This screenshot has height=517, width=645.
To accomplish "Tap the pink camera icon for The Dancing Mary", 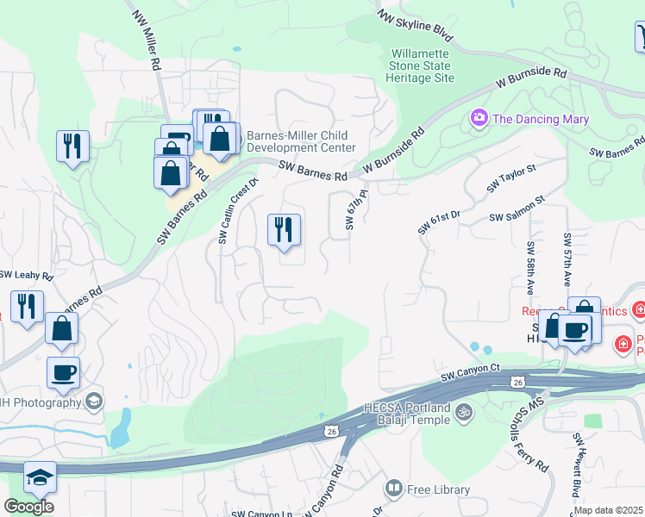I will (x=479, y=116).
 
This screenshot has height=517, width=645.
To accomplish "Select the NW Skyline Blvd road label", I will (x=416, y=26).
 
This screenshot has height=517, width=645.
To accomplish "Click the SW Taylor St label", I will (x=510, y=178).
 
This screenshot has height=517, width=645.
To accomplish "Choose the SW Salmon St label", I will (x=517, y=210).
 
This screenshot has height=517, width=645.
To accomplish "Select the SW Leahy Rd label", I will (x=26, y=276).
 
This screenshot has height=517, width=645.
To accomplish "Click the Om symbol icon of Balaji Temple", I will (x=464, y=412).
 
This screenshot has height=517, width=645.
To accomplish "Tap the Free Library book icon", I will (x=394, y=489).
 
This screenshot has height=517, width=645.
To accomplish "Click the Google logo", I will (x=28, y=507).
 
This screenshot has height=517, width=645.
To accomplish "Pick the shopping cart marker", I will (x=641, y=36).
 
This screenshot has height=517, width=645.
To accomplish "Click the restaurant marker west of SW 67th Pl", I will (x=284, y=230).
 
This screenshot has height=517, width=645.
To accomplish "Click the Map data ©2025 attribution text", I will (x=607, y=510).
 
